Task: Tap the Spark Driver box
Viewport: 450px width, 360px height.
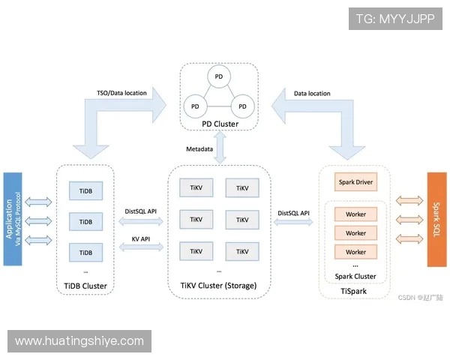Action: (355, 182)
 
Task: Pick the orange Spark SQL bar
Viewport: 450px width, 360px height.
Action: (436, 218)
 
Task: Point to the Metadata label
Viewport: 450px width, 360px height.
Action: (199, 148)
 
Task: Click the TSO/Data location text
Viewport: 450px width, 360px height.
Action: (122, 94)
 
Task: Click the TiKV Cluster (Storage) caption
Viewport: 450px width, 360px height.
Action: (219, 286)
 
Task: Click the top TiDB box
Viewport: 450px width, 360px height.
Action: (85, 191)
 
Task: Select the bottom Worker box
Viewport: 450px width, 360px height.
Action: (355, 252)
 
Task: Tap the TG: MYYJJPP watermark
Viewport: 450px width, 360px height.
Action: (396, 19)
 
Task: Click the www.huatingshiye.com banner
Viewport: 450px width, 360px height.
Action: (79, 341)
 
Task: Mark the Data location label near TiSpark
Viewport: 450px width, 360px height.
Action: (312, 94)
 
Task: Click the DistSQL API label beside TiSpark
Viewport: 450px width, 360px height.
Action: (294, 213)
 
